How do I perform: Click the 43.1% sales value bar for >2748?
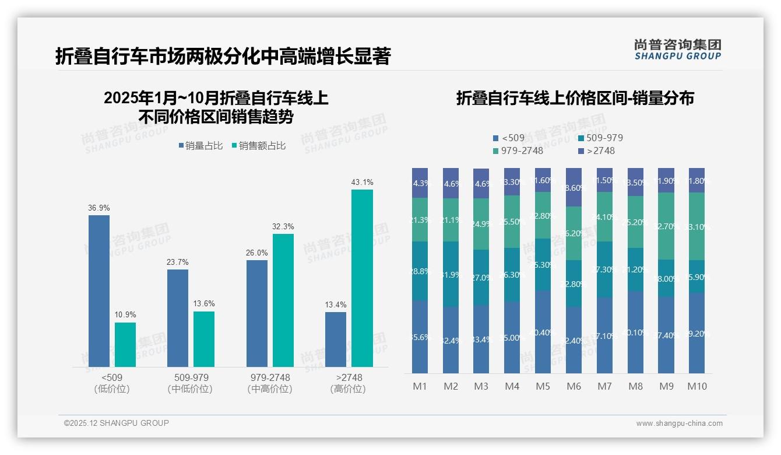click(362, 278)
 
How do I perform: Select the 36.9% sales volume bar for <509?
click(99, 290)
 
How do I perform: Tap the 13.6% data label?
click(205, 303)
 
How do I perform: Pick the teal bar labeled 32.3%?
click(283, 300)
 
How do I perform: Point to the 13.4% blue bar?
click(336, 339)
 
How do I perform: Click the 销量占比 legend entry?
click(200, 146)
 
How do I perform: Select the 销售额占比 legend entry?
click(259, 146)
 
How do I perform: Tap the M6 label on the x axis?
click(574, 386)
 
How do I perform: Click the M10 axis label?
click(697, 386)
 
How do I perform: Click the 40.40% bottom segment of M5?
click(543, 332)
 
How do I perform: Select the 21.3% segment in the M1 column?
click(420, 220)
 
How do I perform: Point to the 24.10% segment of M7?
click(604, 217)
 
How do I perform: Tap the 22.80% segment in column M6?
click(574, 284)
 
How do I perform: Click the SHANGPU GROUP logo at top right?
click(677, 49)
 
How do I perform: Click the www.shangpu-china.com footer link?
click(679, 423)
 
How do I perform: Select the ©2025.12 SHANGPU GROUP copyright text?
click(117, 423)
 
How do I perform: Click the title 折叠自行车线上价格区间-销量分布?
click(575, 98)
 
